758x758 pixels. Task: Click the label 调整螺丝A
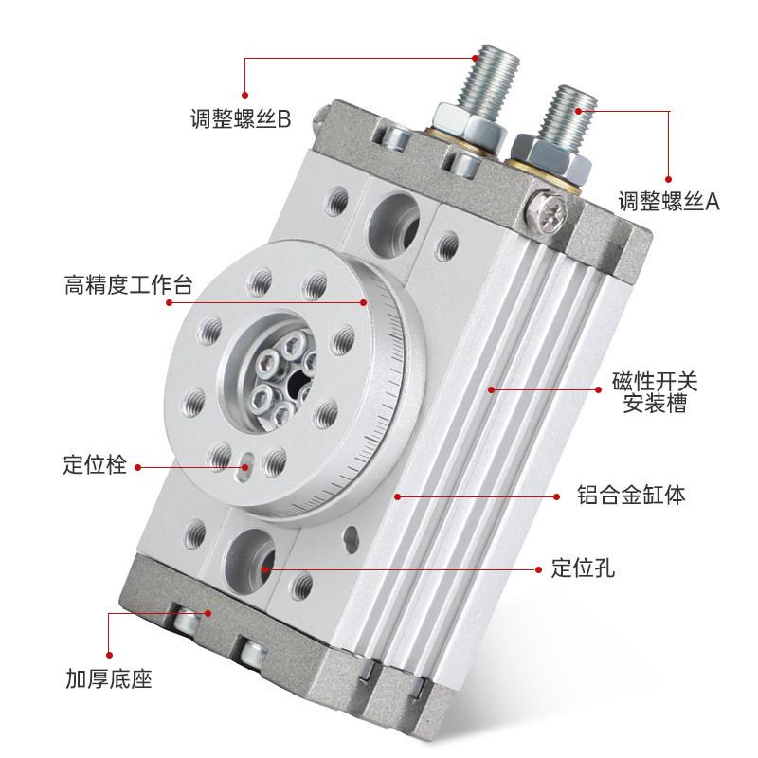pyautogui.click(x=669, y=200)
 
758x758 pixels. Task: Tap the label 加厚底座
pyautogui.click(x=109, y=678)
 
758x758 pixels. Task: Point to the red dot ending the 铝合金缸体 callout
pyautogui.click(x=399, y=495)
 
